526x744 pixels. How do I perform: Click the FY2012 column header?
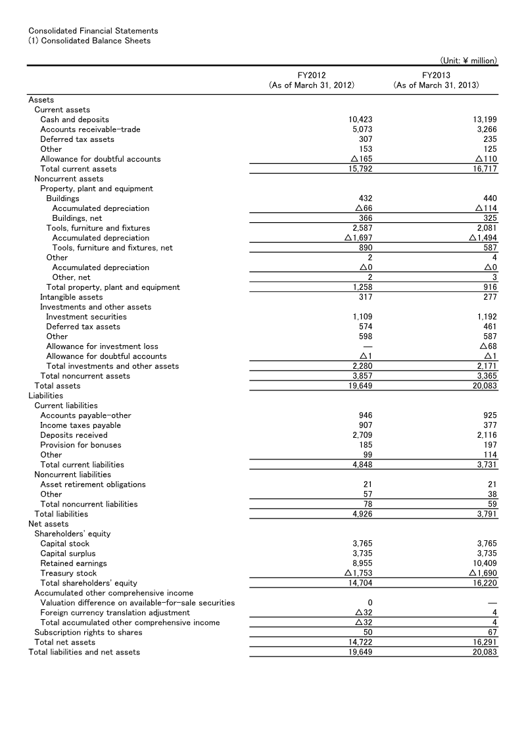(312, 80)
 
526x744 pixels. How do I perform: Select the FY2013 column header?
(436, 80)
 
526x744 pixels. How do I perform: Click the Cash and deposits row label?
(74, 120)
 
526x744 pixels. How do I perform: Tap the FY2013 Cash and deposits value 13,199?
(485, 120)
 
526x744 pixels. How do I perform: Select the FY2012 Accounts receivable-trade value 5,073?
(361, 129)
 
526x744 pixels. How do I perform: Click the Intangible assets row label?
(71, 297)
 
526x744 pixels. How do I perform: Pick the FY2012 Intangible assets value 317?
(366, 297)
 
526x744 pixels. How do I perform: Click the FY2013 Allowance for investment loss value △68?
(488, 346)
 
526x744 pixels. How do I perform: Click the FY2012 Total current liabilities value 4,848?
(361, 465)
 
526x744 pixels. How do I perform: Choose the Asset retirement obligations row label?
(93, 484)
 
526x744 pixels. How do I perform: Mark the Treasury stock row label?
(68, 573)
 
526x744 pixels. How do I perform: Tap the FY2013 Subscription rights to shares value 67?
(492, 632)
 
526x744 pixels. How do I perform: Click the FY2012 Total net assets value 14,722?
(359, 642)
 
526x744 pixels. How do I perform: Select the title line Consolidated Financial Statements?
(93, 31)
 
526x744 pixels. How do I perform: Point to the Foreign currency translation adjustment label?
(115, 613)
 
